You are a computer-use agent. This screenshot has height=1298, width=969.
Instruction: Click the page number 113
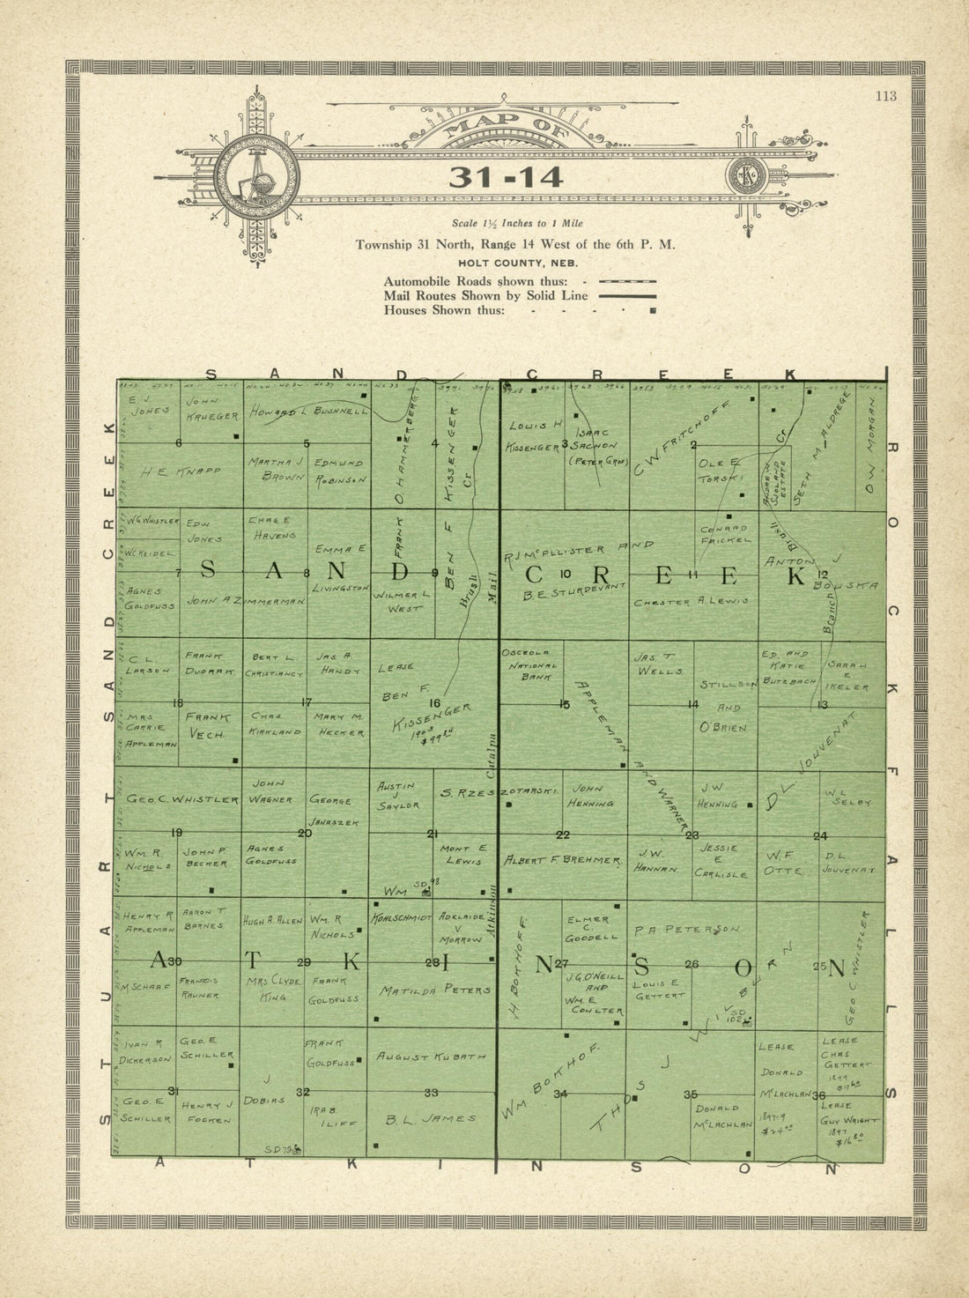pyautogui.click(x=885, y=96)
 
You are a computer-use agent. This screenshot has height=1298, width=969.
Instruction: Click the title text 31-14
pyautogui.click(x=505, y=177)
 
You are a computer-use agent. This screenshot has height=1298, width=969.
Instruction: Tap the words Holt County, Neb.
pyautogui.click(x=517, y=263)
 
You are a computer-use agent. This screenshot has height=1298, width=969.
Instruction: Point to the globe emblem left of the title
pyautogui.click(x=256, y=179)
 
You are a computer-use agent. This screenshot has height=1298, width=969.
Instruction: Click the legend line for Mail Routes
pyautogui.click(x=626, y=297)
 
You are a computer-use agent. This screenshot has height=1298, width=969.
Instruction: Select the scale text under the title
pyautogui.click(x=516, y=224)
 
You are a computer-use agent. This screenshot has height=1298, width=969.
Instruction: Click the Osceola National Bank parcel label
pyautogui.click(x=529, y=664)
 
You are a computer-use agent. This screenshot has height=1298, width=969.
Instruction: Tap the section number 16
pyautogui.click(x=433, y=702)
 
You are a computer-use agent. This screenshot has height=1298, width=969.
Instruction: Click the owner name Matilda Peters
pyautogui.click(x=434, y=990)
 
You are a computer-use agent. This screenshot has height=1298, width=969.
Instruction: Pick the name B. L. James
pyautogui.click(x=431, y=1118)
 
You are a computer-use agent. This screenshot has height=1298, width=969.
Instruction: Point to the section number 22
pyautogui.click(x=562, y=834)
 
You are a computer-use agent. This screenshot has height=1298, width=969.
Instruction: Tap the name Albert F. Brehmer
pyautogui.click(x=563, y=860)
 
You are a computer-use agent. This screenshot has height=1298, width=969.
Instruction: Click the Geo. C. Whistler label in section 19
pyautogui.click(x=182, y=799)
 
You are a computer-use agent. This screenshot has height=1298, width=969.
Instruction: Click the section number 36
pyautogui.click(x=818, y=1095)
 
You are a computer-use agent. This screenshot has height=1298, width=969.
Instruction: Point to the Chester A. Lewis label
pyautogui.click(x=691, y=603)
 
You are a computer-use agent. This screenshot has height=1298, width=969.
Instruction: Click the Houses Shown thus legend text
pyautogui.click(x=444, y=310)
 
